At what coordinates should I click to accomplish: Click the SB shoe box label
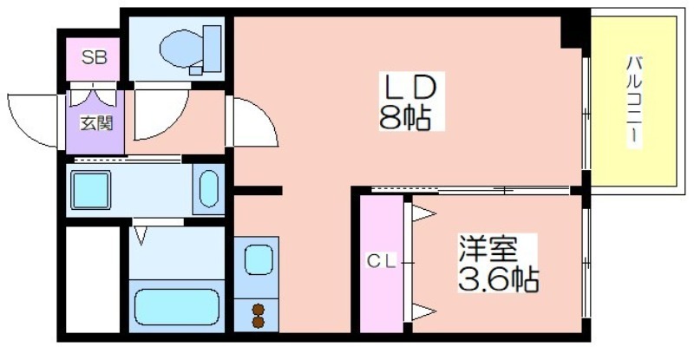tap(95, 57)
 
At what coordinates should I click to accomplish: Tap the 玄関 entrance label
tap(96, 123)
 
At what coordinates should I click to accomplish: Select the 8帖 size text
tap(405, 118)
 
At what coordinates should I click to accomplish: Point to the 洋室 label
tap(488, 249)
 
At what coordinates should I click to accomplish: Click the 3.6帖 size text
tap(498, 279)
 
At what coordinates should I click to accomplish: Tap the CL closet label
tap(381, 262)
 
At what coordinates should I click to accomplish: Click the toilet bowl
tap(181, 49)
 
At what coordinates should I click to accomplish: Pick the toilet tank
tap(212, 49)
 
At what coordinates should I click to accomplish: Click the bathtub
tap(177, 307)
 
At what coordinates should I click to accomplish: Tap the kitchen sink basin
tap(258, 259)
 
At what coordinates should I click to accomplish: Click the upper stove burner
tap(258, 309)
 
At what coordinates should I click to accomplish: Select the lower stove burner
tap(258, 322)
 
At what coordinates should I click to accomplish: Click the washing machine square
tap(91, 190)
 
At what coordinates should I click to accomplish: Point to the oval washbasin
tap(208, 189)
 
